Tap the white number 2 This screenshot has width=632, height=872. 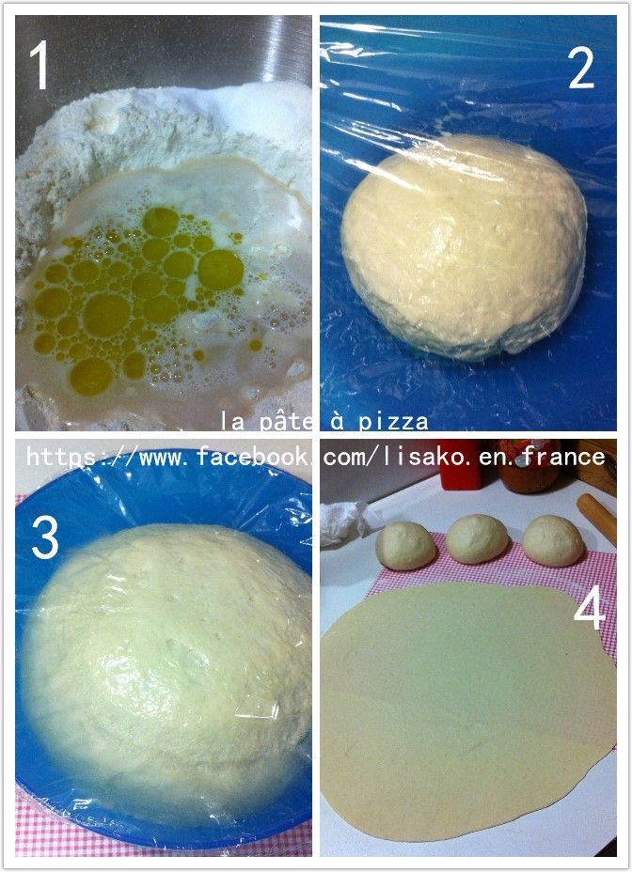[581, 66]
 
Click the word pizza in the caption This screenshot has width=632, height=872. [393, 422]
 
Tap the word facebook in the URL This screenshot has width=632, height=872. [252, 457]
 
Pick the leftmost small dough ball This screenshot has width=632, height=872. [406, 546]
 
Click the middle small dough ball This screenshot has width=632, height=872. [477, 538]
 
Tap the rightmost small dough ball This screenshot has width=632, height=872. [553, 541]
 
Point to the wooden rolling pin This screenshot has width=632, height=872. [597, 519]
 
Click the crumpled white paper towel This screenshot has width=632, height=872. [347, 522]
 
